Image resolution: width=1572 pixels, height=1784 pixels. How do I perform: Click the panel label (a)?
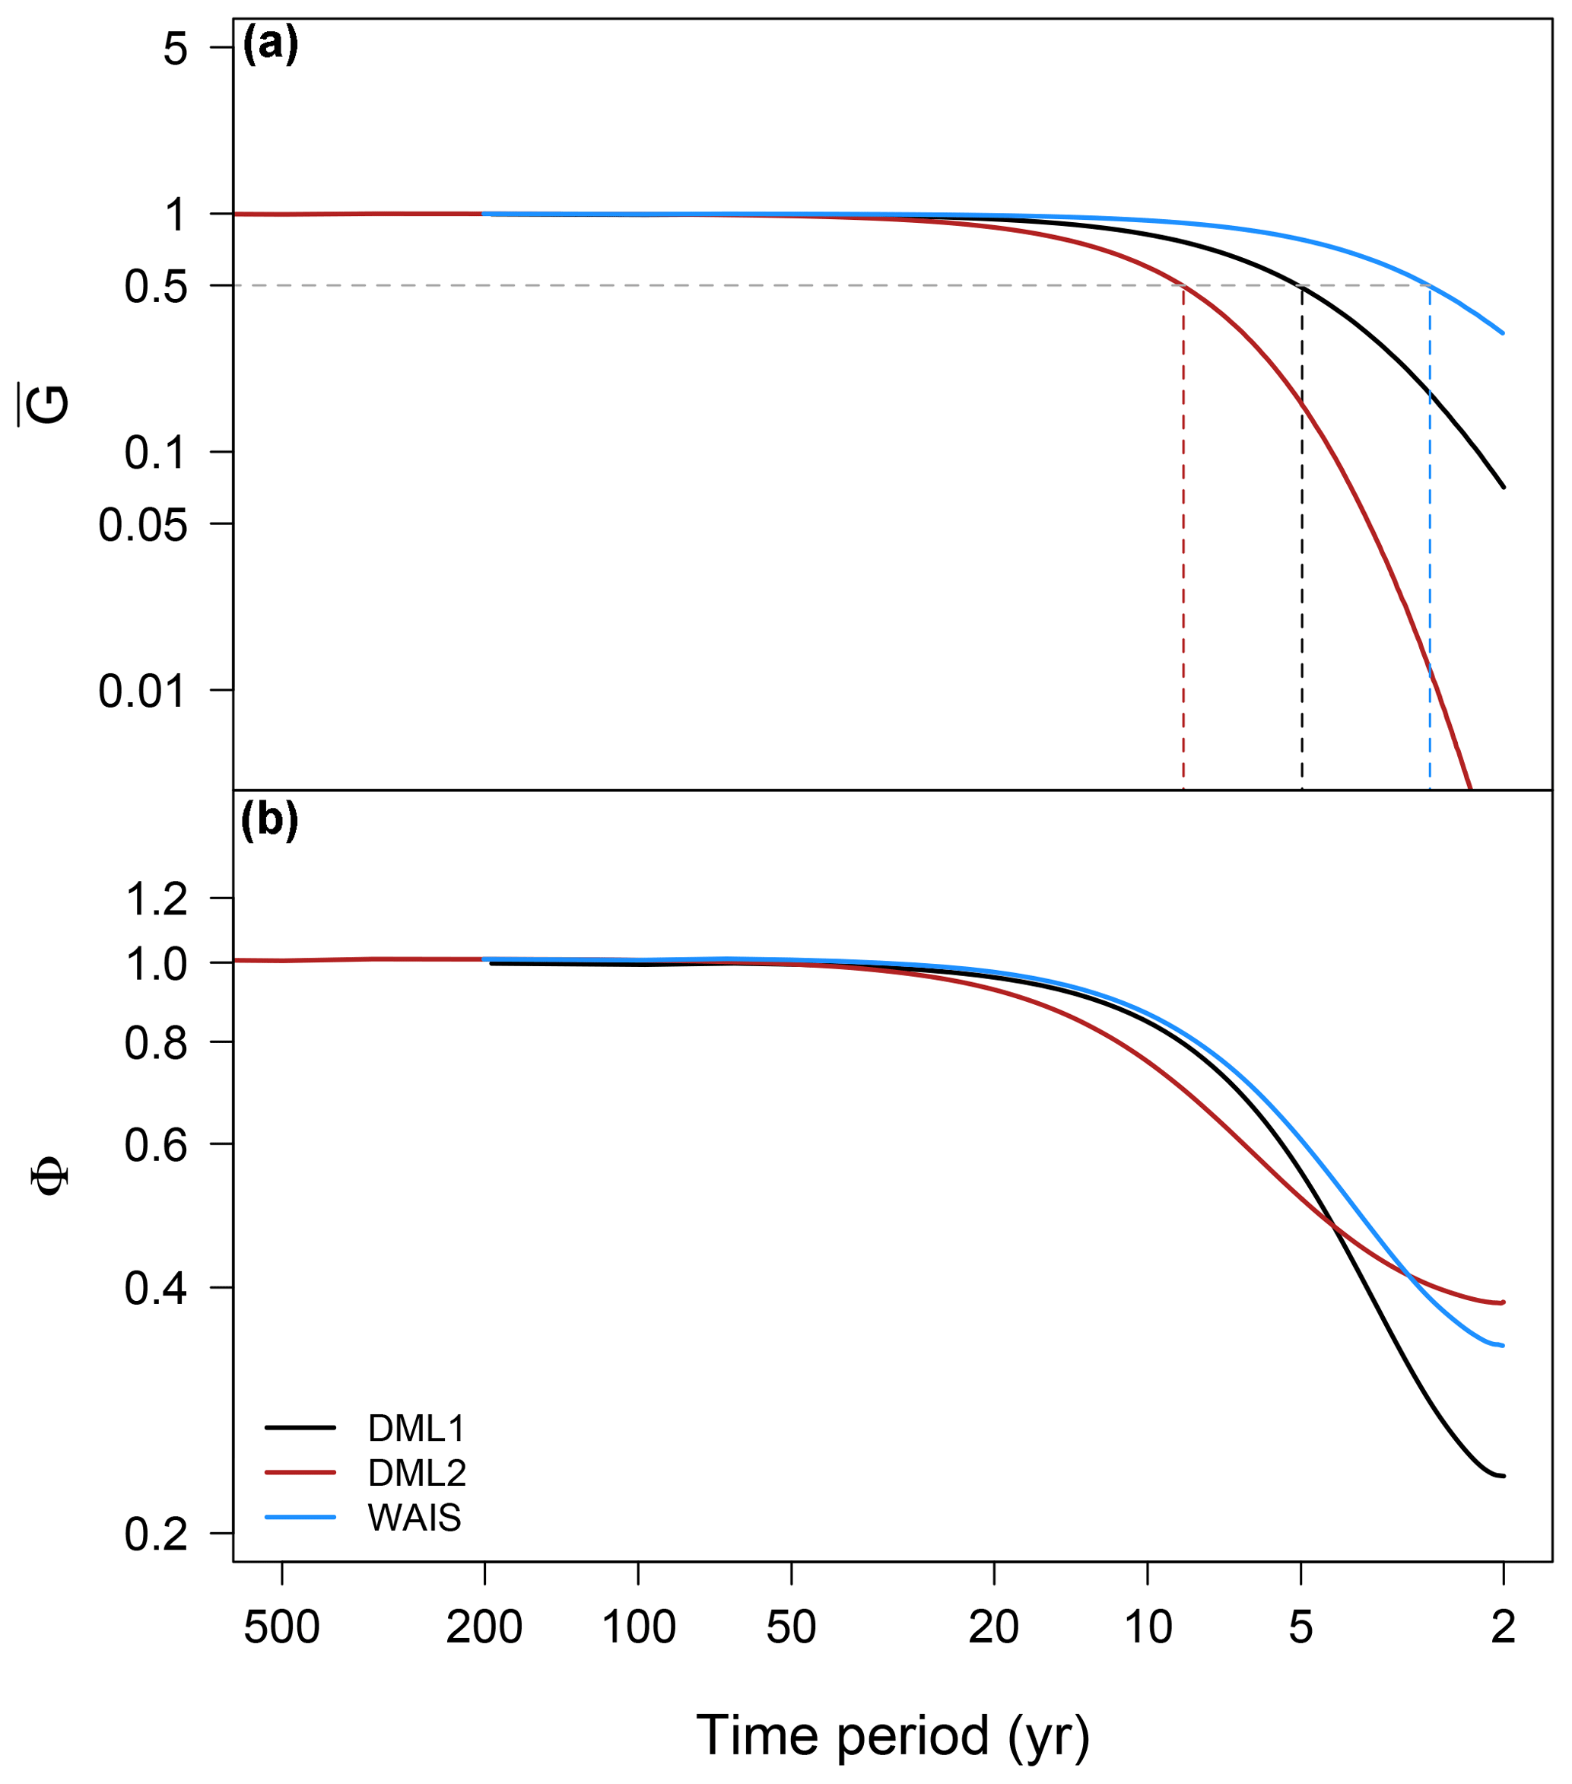click(271, 43)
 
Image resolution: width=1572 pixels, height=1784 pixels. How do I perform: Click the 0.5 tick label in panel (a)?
click(156, 286)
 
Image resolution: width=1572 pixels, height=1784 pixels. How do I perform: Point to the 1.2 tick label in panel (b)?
click(156, 899)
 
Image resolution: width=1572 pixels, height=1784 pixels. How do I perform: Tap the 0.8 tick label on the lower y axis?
click(156, 1043)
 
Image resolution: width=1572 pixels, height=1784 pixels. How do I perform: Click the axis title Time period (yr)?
click(892, 1735)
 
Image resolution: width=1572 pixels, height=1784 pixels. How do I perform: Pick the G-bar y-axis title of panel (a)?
click(49, 403)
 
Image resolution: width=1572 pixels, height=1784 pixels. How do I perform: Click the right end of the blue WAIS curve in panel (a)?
click(1503, 332)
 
